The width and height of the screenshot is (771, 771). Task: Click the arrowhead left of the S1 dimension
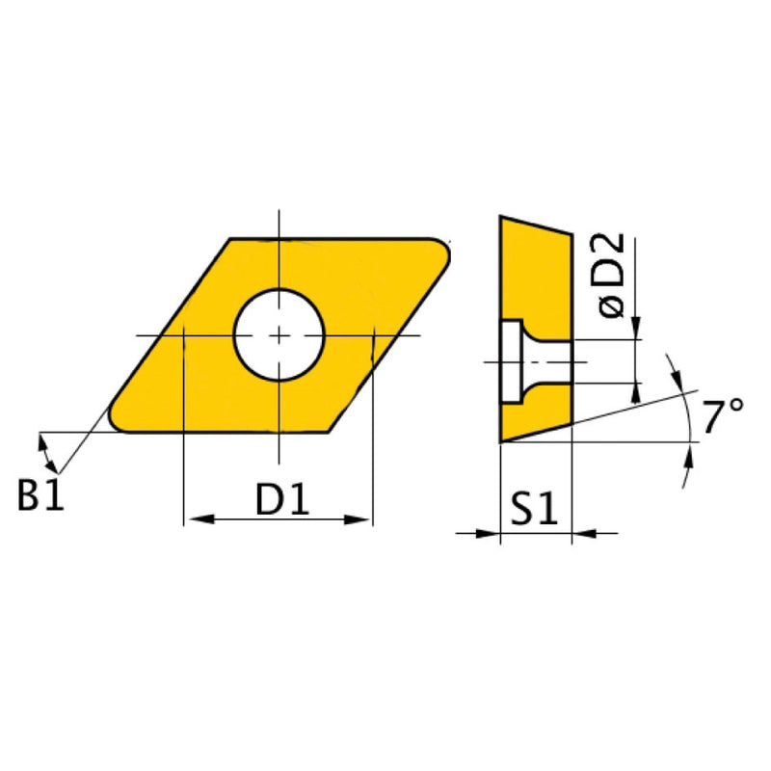489,532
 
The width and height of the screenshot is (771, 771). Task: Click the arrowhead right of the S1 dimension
585,532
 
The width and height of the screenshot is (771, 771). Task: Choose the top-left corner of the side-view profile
500,216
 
